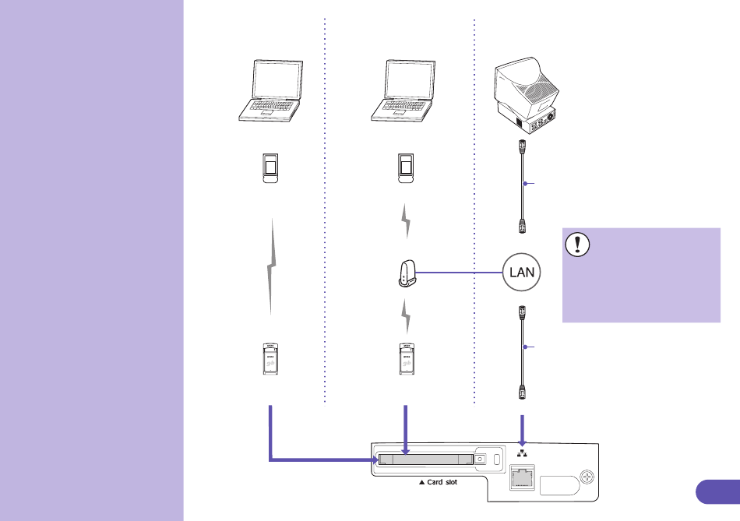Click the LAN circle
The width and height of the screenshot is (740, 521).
click(x=521, y=273)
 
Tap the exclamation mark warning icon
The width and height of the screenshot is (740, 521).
click(x=577, y=245)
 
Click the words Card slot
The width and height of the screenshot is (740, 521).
click(x=442, y=482)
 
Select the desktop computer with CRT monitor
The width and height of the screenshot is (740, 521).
click(x=526, y=95)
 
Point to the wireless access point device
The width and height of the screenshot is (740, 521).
click(x=407, y=273)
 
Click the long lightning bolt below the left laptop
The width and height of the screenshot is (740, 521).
click(x=271, y=266)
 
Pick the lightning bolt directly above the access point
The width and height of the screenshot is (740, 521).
click(x=406, y=221)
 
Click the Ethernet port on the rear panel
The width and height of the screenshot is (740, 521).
click(x=522, y=477)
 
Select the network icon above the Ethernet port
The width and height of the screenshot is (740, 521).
click(x=522, y=453)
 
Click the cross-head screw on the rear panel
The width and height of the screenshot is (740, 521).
click(x=587, y=477)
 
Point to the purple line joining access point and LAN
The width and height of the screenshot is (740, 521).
click(x=460, y=273)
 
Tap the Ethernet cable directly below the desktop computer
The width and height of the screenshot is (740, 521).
click(x=522, y=186)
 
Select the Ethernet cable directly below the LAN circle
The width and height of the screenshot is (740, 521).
click(x=522, y=353)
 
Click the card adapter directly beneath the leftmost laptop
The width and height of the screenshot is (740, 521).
click(x=270, y=168)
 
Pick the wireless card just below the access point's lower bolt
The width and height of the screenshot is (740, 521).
click(x=407, y=359)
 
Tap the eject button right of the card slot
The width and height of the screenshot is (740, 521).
click(x=480, y=459)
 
